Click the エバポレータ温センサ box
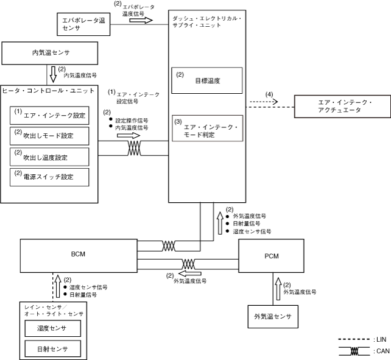pyautogui.click(x=81, y=24)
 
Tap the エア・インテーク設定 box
pyautogui.click(x=49, y=115)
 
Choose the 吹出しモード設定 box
pyautogui.click(x=49, y=135)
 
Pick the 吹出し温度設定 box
pyautogui.click(x=49, y=157)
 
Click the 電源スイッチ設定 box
pyautogui.click(x=49, y=177)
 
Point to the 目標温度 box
pyautogui.click(x=207, y=80)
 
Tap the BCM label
pyautogui.click(x=77, y=253)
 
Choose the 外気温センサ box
pyautogui.click(x=272, y=317)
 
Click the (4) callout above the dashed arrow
pyautogui.click(x=269, y=94)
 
